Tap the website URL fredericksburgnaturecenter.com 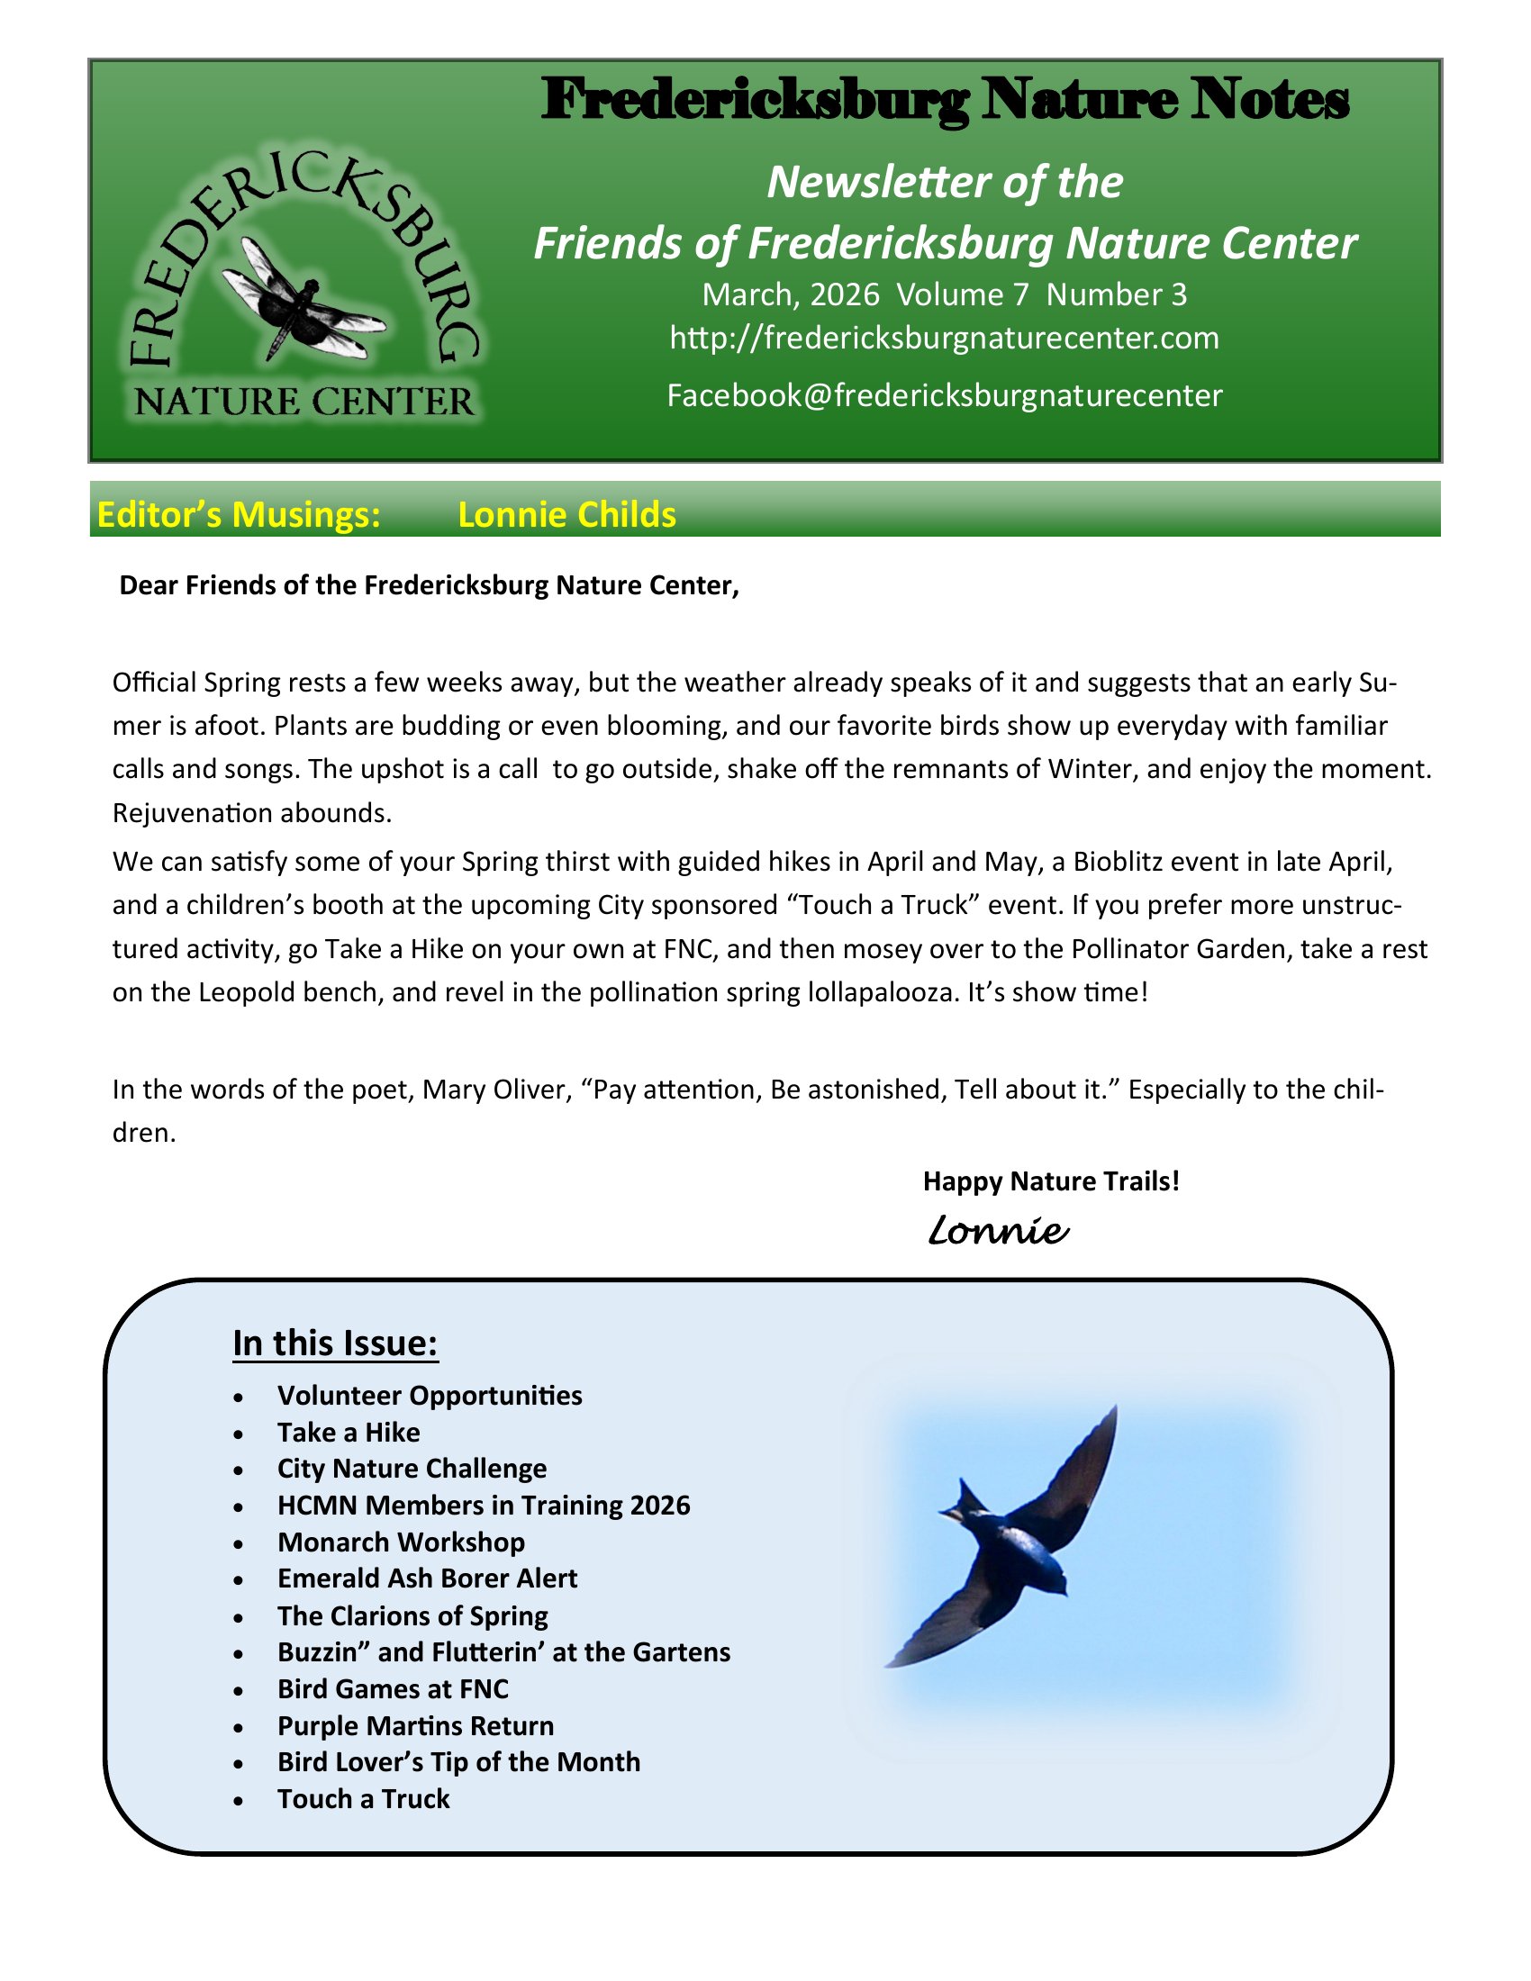click(x=944, y=338)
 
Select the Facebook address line click(x=944, y=395)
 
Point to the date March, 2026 click(x=790, y=294)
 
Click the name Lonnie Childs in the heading click(x=566, y=514)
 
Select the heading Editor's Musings click(x=239, y=514)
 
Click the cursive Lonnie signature click(x=998, y=1231)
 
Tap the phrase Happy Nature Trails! click(x=1050, y=1181)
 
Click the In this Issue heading click(x=336, y=1343)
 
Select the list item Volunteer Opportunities click(x=430, y=1395)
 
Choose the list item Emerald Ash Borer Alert click(x=427, y=1578)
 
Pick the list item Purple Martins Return click(x=415, y=1725)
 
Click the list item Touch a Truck click(x=364, y=1799)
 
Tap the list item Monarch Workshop click(x=401, y=1542)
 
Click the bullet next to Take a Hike click(x=238, y=1434)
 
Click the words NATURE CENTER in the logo click(x=303, y=401)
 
